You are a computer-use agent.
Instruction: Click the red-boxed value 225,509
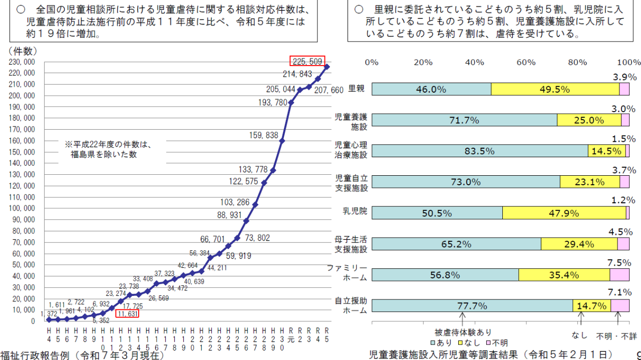click(307, 61)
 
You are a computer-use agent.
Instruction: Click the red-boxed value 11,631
click(127, 314)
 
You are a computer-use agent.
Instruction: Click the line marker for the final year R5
click(327, 67)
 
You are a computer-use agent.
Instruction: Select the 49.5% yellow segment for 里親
click(555, 89)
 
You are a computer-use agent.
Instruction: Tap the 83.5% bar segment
click(480, 151)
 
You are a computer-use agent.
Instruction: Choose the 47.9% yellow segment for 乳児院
click(564, 213)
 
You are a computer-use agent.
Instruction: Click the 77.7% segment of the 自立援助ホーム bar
click(472, 305)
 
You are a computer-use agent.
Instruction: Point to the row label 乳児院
click(359, 211)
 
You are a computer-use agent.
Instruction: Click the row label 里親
click(357, 89)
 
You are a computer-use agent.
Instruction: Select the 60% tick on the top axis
click(526, 62)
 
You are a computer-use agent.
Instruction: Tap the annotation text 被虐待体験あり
click(463, 332)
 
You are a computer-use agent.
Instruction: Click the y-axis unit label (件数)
click(23, 51)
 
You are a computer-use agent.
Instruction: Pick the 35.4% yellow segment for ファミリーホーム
click(564, 274)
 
